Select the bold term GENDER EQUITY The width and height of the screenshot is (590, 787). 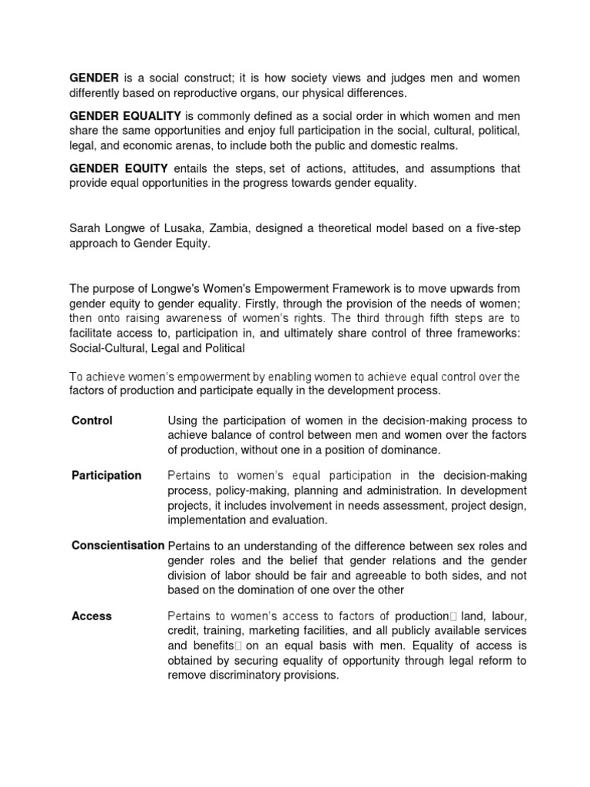[x=109, y=168]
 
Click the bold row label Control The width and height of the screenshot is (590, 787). [x=92, y=420]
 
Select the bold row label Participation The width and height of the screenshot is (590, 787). [x=106, y=475]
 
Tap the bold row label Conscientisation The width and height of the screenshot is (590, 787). [x=118, y=545]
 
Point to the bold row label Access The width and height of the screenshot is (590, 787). [x=91, y=616]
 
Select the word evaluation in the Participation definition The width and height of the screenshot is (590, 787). [x=301, y=520]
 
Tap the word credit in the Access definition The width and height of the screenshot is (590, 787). [x=182, y=631]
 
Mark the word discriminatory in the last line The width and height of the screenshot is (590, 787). [x=247, y=675]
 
